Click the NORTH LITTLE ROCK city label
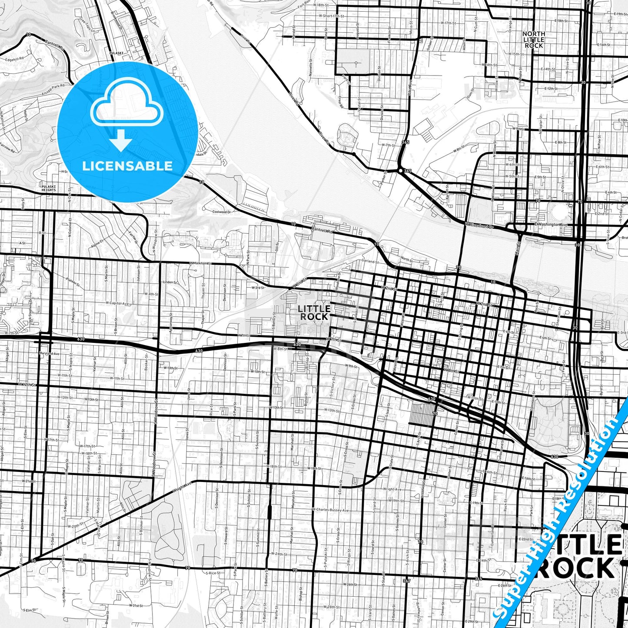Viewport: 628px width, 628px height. (x=534, y=40)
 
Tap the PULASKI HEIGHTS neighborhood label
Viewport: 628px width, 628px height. (x=49, y=188)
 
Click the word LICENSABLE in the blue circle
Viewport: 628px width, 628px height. (x=127, y=166)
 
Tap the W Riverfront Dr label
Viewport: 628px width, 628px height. (x=479, y=225)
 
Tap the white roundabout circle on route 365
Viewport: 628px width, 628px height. (x=400, y=171)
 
